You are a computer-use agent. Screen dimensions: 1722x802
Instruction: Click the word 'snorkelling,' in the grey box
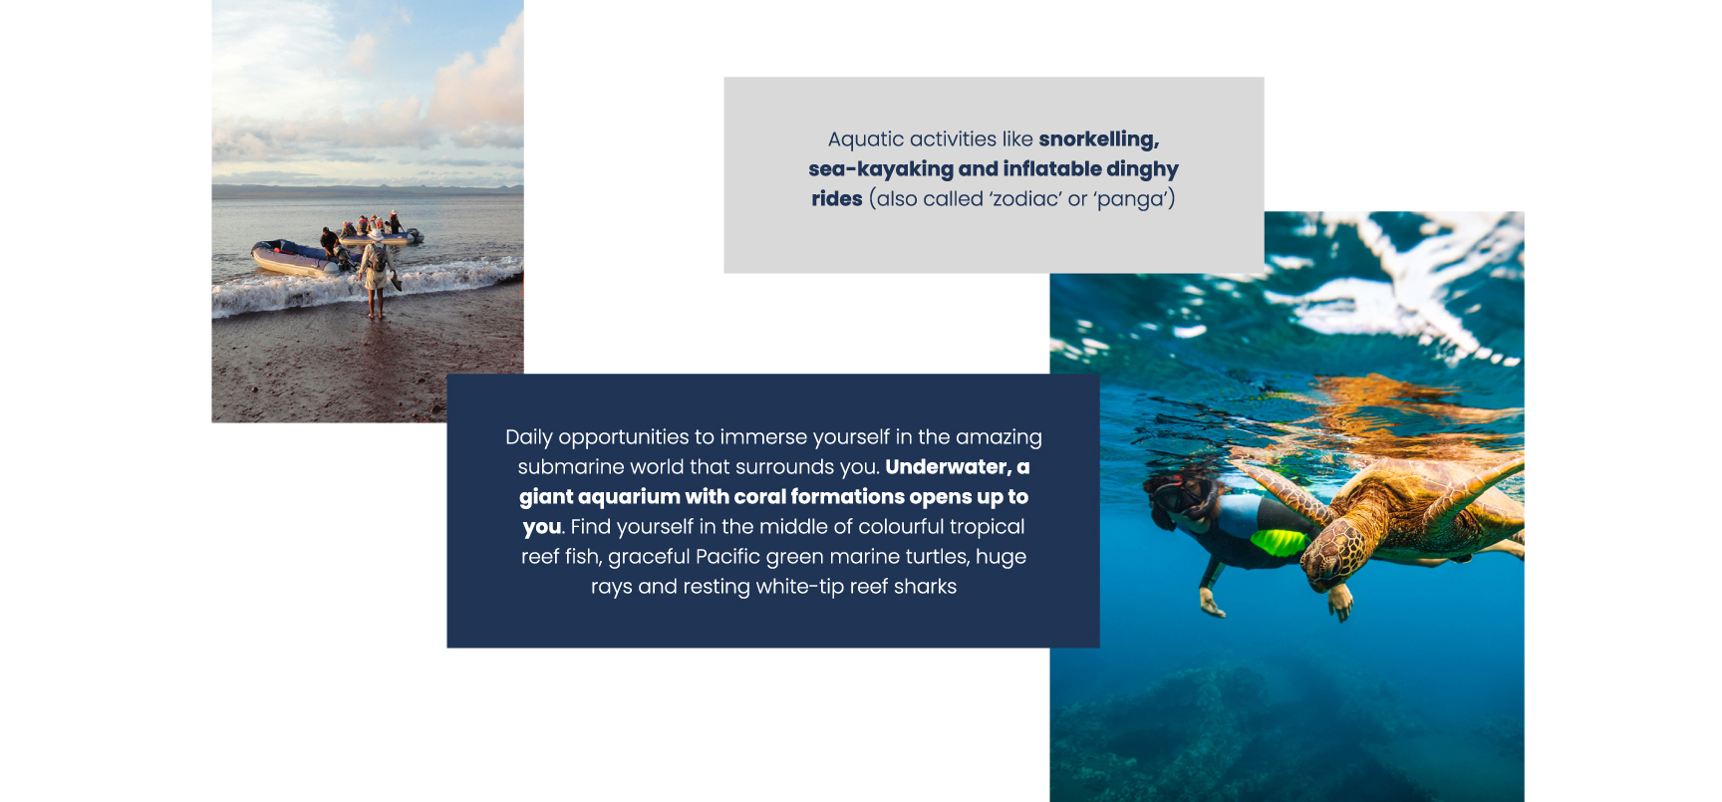point(1098,139)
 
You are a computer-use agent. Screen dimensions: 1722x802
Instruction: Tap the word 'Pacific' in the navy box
point(732,557)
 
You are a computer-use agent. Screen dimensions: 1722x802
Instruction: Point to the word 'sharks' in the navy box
point(926,587)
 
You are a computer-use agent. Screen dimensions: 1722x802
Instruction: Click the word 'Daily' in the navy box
point(529,437)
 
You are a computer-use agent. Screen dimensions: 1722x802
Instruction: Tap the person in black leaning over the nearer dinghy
point(329,240)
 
